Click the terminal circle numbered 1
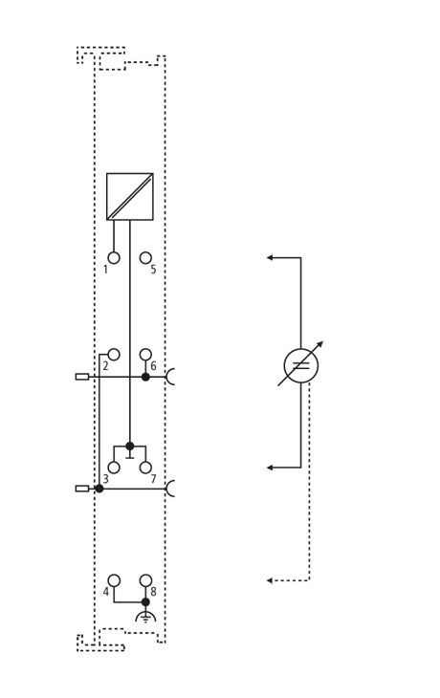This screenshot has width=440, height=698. point(114,258)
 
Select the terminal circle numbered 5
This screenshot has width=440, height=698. point(145,258)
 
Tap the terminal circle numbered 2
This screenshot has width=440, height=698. point(114,355)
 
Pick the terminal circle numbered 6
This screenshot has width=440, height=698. point(145,355)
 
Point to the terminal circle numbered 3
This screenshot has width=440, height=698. point(114,468)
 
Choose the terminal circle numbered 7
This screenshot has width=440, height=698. point(145,468)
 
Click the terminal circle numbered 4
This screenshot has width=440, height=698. point(114,580)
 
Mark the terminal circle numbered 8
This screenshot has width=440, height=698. point(145,580)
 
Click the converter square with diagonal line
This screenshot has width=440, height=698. point(129,196)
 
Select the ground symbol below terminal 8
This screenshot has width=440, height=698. point(145,617)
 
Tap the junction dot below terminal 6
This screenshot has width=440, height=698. point(145,377)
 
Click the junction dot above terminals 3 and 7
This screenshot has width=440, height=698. point(129,446)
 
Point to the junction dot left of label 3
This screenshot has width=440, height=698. point(99,489)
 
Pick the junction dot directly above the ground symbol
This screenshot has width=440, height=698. point(145,601)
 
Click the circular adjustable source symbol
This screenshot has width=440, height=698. point(300,365)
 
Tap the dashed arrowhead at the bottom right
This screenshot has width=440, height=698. point(270,580)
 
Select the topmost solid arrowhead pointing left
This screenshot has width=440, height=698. point(270,257)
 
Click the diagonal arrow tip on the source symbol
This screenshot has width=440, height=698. point(321,342)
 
